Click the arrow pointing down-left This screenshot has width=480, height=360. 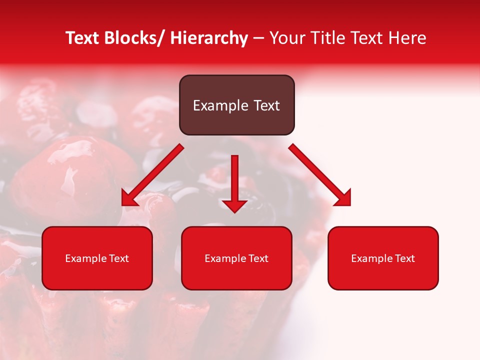(x=152, y=175)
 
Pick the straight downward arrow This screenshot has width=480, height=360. (x=234, y=182)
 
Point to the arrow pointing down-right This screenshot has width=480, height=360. (x=320, y=175)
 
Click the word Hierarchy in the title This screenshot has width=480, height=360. (x=209, y=38)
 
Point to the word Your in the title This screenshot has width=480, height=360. (x=286, y=38)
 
